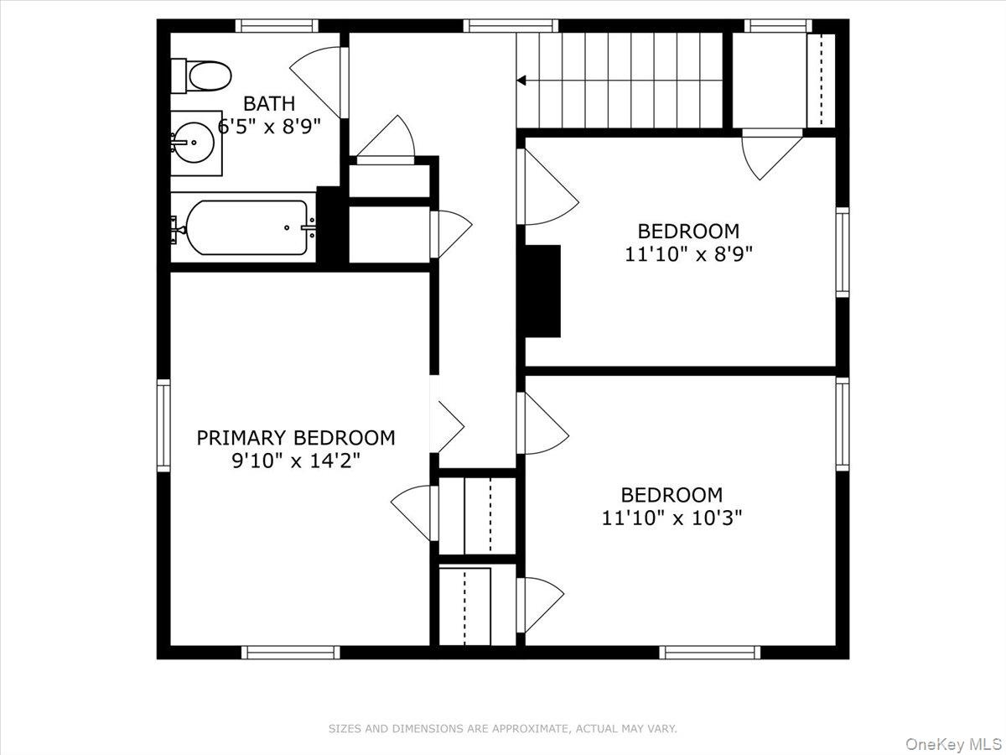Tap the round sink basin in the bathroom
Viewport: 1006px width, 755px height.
click(x=194, y=143)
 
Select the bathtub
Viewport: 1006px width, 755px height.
click(x=246, y=227)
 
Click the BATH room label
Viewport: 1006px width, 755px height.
click(x=269, y=103)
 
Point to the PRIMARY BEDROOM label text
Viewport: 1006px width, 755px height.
click(x=296, y=438)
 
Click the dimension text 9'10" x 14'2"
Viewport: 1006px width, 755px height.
click(x=296, y=461)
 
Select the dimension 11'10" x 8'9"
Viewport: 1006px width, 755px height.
click(x=689, y=253)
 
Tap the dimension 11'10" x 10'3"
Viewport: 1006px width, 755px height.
click(x=672, y=518)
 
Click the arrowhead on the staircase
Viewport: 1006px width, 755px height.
click(x=521, y=81)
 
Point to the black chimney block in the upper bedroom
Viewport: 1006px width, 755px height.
click(x=542, y=291)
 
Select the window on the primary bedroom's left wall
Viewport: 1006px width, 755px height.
click(x=163, y=425)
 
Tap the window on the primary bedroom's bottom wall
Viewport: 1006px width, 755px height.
click(x=291, y=652)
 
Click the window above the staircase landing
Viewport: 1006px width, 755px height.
click(x=511, y=26)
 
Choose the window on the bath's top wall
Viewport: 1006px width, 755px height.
click(x=277, y=26)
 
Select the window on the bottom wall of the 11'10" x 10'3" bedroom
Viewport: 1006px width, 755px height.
click(x=710, y=652)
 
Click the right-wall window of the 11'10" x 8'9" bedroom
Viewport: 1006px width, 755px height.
click(x=843, y=253)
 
